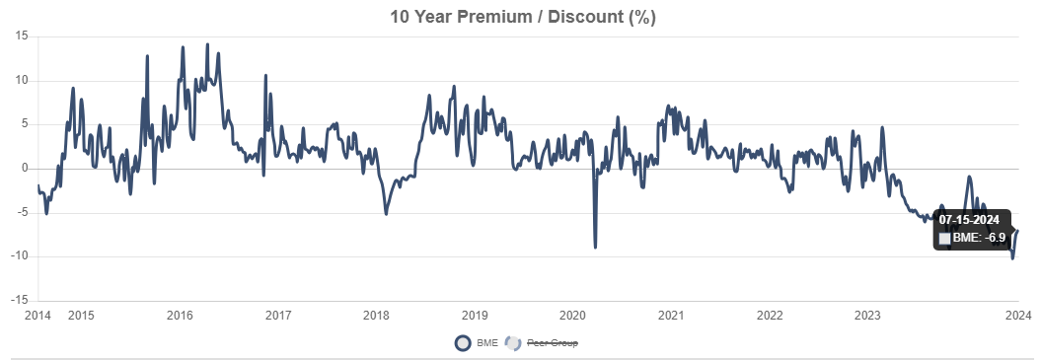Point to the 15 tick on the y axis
pyautogui.click(x=21, y=36)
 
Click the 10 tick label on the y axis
pyautogui.click(x=21, y=81)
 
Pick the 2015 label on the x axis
pyautogui.click(x=82, y=316)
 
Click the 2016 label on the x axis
pyautogui.click(x=180, y=316)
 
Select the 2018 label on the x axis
pyautogui.click(x=376, y=316)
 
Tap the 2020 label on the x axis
pyautogui.click(x=572, y=316)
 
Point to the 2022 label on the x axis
pyautogui.click(x=769, y=316)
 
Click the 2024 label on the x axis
pyautogui.click(x=1018, y=316)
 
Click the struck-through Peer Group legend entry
pyautogui.click(x=552, y=343)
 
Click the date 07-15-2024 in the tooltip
pyautogui.click(x=969, y=219)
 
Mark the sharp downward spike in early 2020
pyautogui.click(x=595, y=246)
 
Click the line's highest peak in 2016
pyautogui.click(x=206, y=44)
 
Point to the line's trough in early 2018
pyautogui.click(x=386, y=213)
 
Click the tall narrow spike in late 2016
pyautogui.click(x=264, y=76)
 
